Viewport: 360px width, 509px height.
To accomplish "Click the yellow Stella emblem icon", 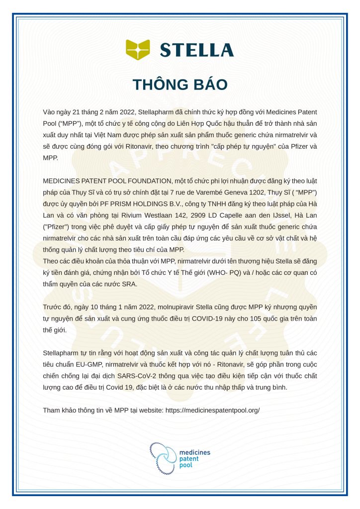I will point(138,49).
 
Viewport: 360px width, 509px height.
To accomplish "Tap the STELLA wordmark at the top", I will point(196,50).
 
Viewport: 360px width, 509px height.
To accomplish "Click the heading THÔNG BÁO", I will point(180,84).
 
